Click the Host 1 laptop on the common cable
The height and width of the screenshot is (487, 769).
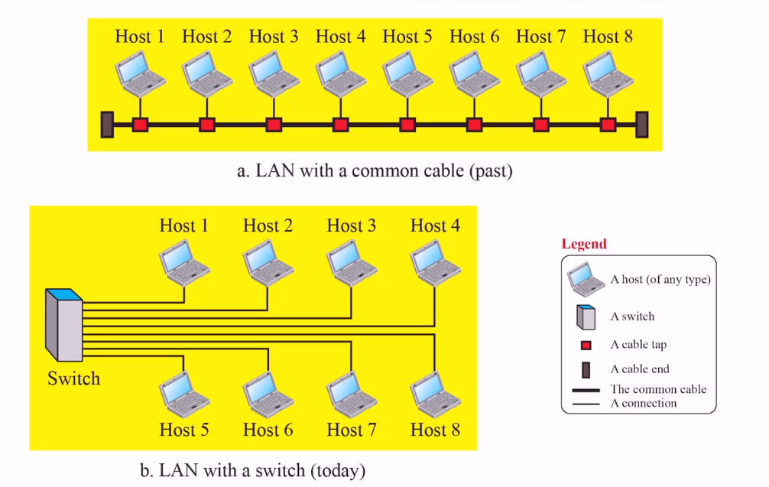[140, 74]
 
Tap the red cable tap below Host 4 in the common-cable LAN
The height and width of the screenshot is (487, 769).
[340, 124]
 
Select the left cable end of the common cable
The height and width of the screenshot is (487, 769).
[108, 124]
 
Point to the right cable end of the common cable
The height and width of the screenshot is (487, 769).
[642, 124]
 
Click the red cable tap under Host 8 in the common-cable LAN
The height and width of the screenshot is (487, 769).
[608, 124]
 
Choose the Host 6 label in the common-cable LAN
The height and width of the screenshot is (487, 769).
[474, 36]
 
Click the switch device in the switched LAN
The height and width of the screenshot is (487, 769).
[63, 324]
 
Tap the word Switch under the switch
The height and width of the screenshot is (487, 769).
[73, 378]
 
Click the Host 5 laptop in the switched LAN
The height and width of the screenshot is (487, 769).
[184, 392]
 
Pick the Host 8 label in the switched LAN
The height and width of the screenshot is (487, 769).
[435, 430]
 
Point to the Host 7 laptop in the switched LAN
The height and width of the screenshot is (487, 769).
[351, 392]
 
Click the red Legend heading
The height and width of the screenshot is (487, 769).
[584, 244]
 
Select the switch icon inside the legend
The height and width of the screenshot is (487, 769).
[586, 317]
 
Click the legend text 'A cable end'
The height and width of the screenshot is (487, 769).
[639, 369]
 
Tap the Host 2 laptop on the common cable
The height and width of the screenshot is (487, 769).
[206, 74]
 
